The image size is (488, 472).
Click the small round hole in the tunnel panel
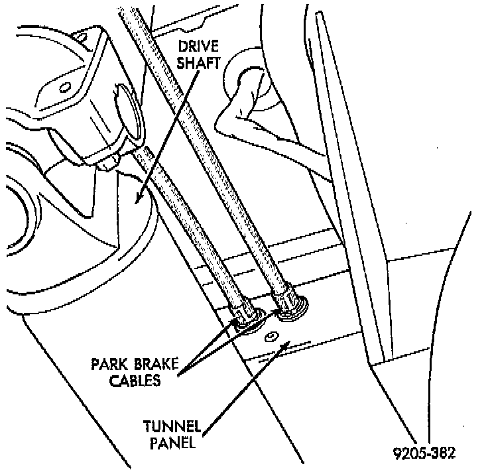tap(271, 337)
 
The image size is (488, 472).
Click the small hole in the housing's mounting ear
tap(64, 87)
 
